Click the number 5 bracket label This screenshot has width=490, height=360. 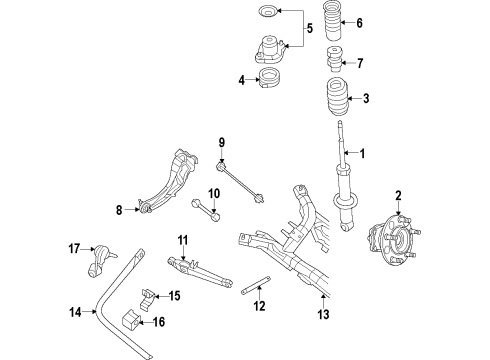click(307, 27)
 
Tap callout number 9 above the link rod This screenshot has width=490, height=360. click(222, 143)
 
